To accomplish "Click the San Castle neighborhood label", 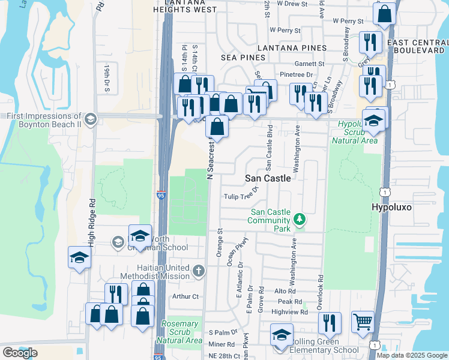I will (x=268, y=178).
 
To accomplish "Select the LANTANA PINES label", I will (x=292, y=47).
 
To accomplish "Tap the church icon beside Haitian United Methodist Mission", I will (x=199, y=271).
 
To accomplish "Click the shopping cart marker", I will (x=362, y=322).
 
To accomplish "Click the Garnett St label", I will (x=310, y=64).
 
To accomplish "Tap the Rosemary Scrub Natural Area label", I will (x=180, y=332).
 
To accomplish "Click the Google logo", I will (x=20, y=353).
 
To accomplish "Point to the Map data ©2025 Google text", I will (x=411, y=355).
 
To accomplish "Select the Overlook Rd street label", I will (x=321, y=287).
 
